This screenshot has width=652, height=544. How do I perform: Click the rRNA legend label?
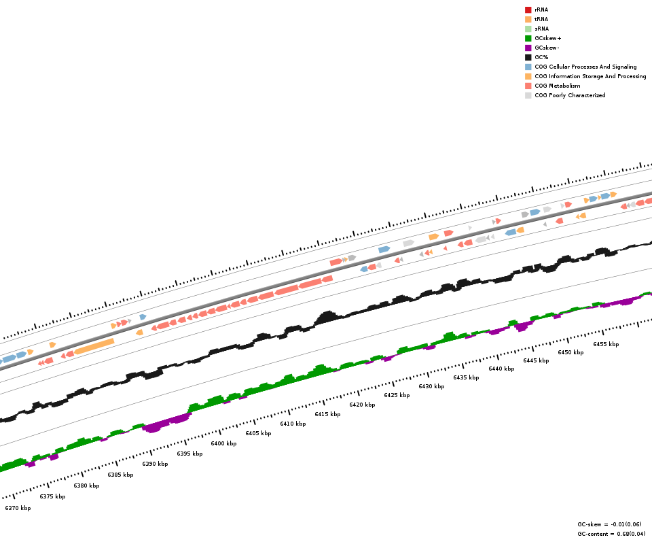(541, 10)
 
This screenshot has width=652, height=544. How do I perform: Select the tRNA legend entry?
(541, 19)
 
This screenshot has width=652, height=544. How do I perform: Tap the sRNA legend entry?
(541, 29)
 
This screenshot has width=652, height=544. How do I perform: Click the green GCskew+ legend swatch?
(528, 38)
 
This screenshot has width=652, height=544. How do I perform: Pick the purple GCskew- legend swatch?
(528, 48)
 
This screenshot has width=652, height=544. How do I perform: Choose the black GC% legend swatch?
(528, 57)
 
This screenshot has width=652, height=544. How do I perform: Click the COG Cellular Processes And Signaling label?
(585, 67)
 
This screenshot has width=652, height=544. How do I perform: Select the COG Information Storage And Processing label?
(590, 76)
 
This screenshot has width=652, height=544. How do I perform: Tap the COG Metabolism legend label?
(557, 86)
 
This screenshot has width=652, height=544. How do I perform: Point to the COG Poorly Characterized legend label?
(570, 95)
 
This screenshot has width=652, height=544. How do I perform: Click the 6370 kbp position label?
(18, 508)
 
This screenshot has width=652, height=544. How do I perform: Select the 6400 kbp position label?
(223, 443)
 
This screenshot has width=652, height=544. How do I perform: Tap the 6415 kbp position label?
(327, 414)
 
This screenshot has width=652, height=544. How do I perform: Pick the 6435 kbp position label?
(466, 377)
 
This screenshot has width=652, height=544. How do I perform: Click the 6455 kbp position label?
(606, 344)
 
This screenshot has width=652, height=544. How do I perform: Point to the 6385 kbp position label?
(120, 475)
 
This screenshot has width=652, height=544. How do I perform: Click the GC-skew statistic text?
(609, 524)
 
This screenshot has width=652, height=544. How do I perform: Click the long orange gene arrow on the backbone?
(94, 347)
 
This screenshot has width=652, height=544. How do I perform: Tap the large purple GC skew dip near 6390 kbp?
(163, 423)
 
